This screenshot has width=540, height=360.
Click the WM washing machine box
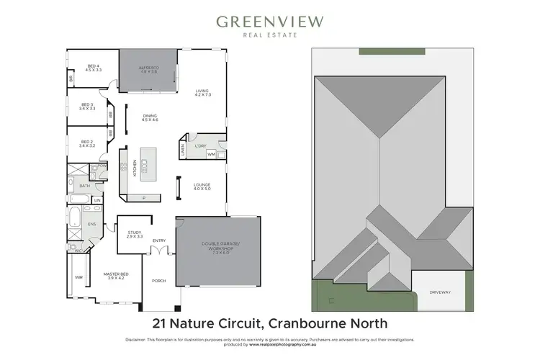coord(211,154)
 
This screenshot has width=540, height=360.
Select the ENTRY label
coord(159,241)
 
